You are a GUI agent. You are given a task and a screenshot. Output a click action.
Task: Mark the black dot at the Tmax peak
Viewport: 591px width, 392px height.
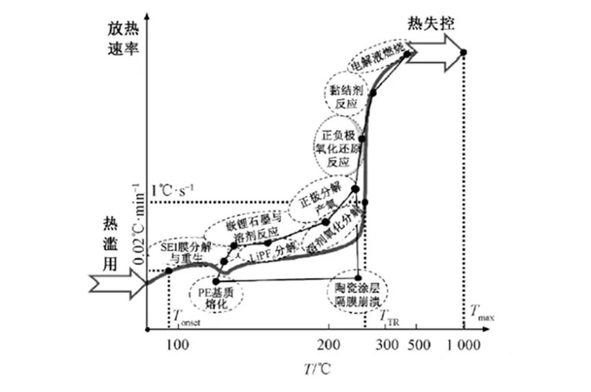pos(464,53)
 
